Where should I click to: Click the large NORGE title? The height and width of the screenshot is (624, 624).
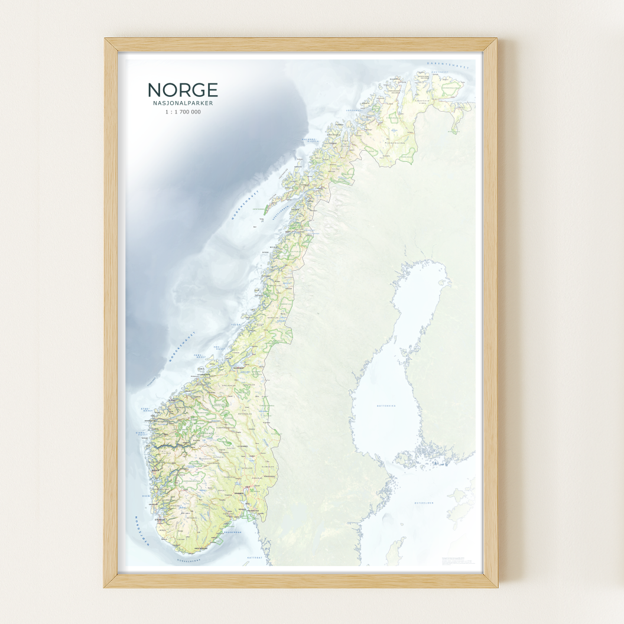pyautogui.click(x=183, y=90)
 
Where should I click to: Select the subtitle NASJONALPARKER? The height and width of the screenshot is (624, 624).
pyautogui.click(x=183, y=103)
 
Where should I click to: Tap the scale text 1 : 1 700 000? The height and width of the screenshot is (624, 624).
pyautogui.click(x=183, y=112)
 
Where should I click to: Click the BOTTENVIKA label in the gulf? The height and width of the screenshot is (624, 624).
pyautogui.click(x=386, y=406)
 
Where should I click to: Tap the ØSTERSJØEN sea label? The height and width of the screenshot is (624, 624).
pyautogui.click(x=424, y=503)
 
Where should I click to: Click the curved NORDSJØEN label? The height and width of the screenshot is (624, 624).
pyautogui.click(x=142, y=530)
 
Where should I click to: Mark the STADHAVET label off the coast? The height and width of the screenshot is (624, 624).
pyautogui.click(x=147, y=409)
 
